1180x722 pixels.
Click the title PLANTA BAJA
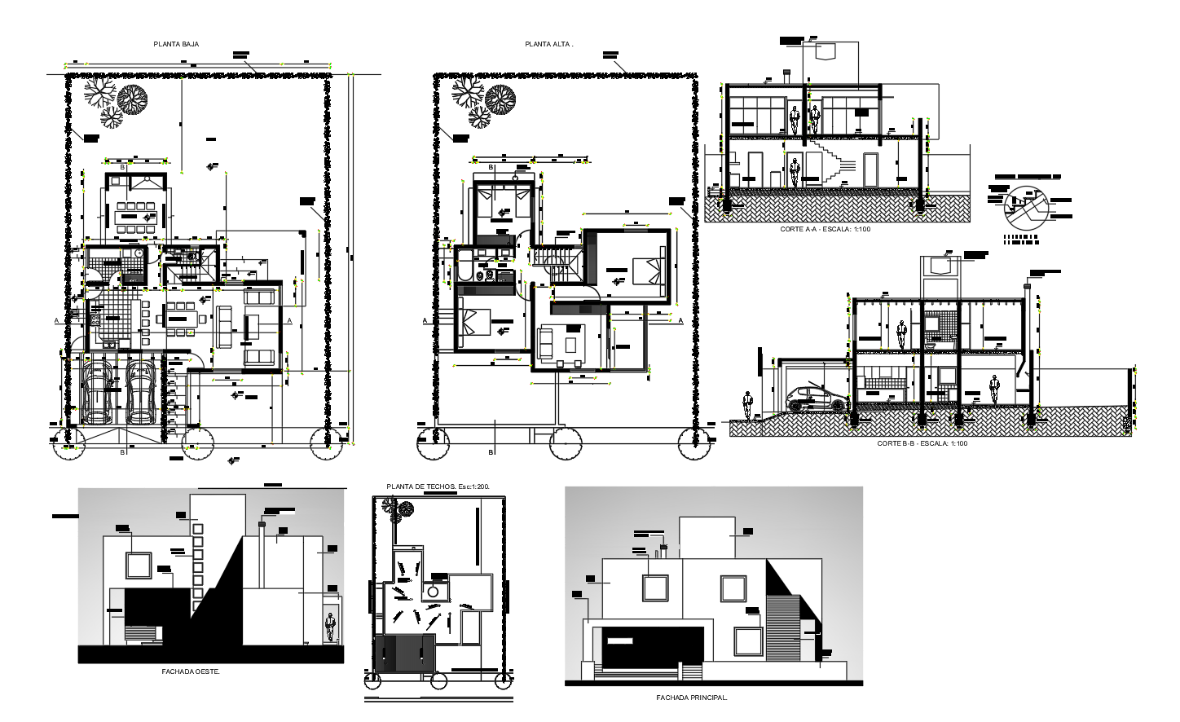pos(176,44)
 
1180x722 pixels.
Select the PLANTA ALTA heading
pos(549,44)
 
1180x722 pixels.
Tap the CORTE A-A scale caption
pos(826,230)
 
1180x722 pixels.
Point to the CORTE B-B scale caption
pos(922,443)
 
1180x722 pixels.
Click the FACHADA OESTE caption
pos(191,671)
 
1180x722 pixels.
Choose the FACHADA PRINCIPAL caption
pos(692,698)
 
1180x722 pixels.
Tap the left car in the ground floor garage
pos(97,392)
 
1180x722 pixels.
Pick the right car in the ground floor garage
pos(141,392)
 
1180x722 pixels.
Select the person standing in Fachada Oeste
pos(330,627)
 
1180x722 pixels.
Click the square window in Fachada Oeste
pos(137,565)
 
